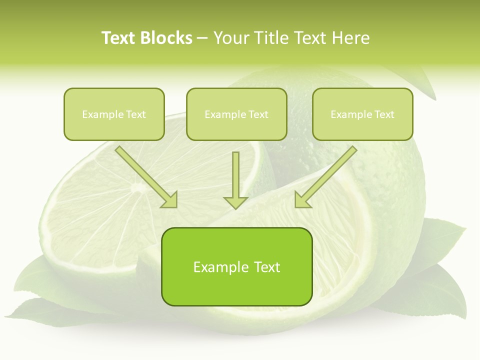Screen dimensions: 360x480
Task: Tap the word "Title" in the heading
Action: (269, 38)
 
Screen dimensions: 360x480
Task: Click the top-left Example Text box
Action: (114, 114)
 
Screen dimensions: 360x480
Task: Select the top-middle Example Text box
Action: (236, 114)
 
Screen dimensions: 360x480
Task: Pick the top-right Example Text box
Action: (362, 114)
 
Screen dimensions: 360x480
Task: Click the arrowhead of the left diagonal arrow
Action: (170, 200)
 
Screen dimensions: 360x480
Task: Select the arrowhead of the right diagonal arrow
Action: (302, 199)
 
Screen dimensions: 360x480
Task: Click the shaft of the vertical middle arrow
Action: (235, 172)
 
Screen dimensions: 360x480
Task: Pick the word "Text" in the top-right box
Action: (384, 114)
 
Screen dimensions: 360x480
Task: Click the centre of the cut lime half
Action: (135, 188)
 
